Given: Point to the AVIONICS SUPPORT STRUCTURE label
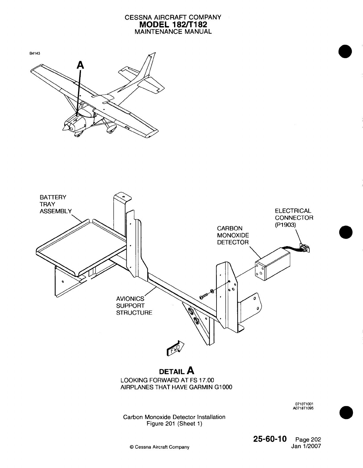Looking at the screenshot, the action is [134, 305].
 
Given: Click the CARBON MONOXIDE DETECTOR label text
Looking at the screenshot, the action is [233, 235].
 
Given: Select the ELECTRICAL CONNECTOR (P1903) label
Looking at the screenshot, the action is [294, 218].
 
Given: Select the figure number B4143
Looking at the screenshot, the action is [35, 54].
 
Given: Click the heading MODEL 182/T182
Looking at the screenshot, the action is [173, 24].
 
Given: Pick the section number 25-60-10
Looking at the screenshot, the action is [269, 439].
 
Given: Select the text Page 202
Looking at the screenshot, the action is [308, 440].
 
